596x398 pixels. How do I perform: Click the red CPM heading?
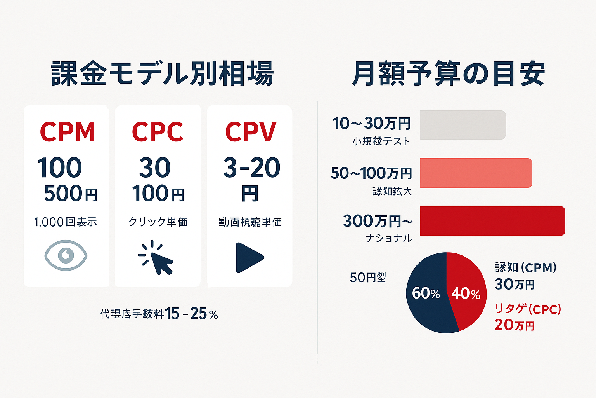tap(68, 132)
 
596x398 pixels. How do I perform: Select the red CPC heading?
tap(158, 132)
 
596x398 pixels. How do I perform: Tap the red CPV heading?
tap(251, 132)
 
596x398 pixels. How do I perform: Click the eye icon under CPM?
tap(66, 255)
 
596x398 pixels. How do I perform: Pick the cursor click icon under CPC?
tap(156, 257)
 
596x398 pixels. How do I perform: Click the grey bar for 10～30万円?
tap(463, 125)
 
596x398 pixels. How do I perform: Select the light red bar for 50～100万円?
tap(476, 173)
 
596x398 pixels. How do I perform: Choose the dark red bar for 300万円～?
tap(492, 221)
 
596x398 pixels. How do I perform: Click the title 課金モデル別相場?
tap(163, 74)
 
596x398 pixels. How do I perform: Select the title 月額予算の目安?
tap(449, 74)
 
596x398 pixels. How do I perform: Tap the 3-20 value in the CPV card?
tap(251, 168)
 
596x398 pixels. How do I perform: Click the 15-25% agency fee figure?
tap(191, 314)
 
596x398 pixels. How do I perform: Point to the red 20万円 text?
tap(515, 325)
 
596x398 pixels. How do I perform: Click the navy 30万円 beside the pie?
tap(515, 285)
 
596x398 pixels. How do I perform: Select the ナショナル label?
tap(389, 238)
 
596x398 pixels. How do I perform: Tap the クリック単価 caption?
tap(158, 222)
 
